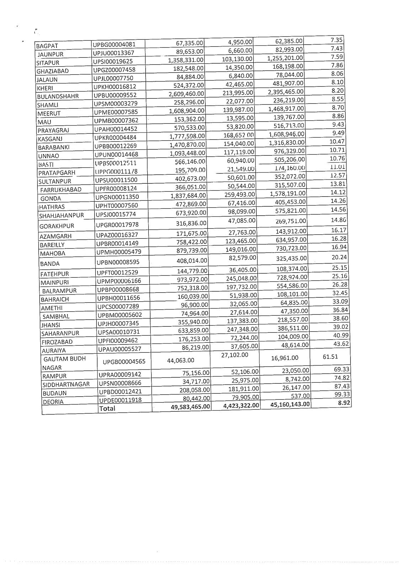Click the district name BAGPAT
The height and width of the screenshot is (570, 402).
pyautogui.click(x=47, y=46)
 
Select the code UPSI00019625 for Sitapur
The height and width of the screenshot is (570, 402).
pyautogui.click(x=113, y=62)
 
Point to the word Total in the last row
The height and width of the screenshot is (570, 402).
pyautogui.click(x=107, y=408)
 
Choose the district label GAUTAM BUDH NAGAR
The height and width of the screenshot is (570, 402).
pyautogui.click(x=64, y=363)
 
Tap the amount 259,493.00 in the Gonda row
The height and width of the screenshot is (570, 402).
pyautogui.click(x=239, y=195)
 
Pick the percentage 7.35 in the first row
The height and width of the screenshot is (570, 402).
pyautogui.click(x=337, y=40)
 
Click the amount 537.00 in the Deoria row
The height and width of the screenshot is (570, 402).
pyautogui.click(x=302, y=396)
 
